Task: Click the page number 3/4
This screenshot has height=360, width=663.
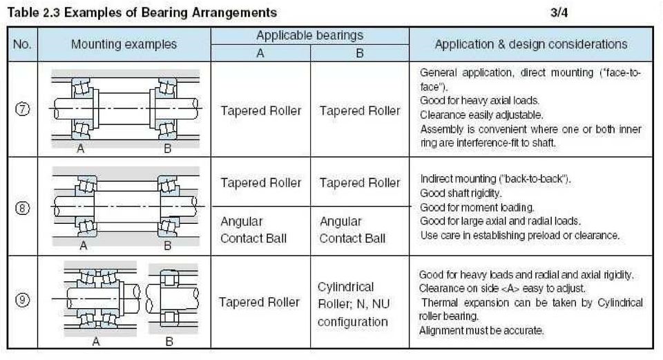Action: [559, 12]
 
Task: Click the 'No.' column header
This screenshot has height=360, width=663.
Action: [22, 44]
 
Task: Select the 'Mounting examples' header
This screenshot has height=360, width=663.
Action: [124, 44]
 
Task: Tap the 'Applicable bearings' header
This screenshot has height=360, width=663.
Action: [309, 35]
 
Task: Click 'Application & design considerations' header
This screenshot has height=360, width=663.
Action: [531, 44]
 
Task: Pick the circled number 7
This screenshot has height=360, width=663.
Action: [22, 109]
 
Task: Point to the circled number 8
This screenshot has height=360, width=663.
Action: [22, 208]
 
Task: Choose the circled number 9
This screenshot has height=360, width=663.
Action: [22, 300]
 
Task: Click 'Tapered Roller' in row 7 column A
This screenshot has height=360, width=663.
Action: [261, 111]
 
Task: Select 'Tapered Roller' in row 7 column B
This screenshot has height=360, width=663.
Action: [360, 111]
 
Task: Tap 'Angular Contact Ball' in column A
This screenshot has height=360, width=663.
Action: [253, 229]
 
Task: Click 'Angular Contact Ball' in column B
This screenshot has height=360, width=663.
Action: [352, 229]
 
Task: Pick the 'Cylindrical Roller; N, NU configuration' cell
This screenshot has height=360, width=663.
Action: [354, 304]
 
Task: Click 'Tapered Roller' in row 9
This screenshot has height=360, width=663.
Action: [259, 302]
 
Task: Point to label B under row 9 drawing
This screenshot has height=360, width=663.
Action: [169, 341]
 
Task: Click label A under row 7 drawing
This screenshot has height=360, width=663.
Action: [80, 149]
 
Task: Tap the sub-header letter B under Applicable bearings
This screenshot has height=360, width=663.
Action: [360, 53]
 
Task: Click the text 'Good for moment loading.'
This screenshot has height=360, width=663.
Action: [477, 207]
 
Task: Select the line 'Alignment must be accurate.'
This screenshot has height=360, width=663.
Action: [481, 330]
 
